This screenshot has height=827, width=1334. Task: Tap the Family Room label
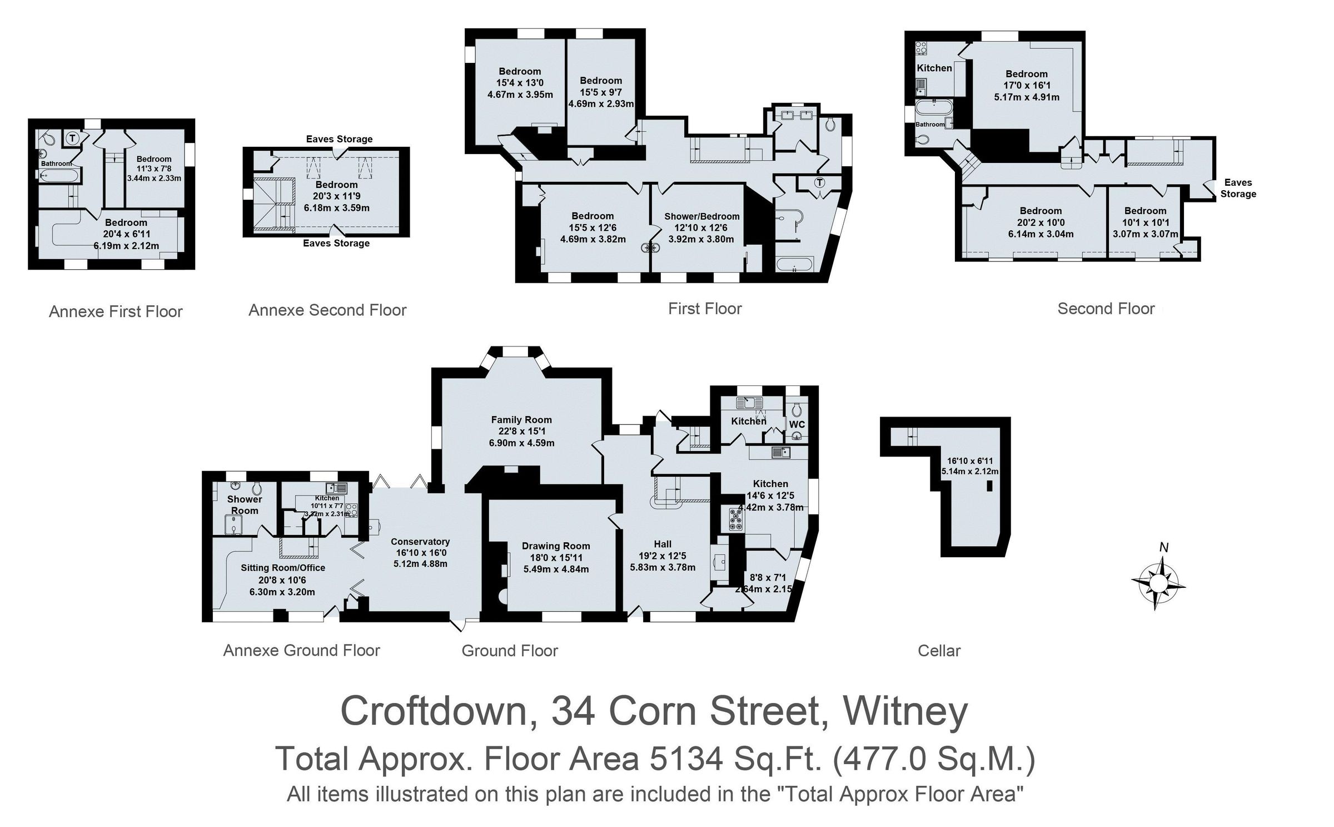[521, 420]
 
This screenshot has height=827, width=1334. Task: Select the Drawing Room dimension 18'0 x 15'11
[555, 558]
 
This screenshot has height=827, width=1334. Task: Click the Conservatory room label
[420, 542]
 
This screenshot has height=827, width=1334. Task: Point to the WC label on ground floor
[797, 424]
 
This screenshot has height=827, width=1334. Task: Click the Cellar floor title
[939, 651]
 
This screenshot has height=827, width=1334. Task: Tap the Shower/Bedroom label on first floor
[701, 216]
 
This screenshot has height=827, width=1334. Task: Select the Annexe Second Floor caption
[327, 310]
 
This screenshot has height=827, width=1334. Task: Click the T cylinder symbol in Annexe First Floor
[73, 137]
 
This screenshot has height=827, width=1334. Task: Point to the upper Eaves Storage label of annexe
[339, 139]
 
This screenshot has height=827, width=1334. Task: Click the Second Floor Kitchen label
[934, 68]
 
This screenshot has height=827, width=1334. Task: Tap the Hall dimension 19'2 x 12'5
[663, 556]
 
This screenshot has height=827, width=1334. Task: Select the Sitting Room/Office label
[282, 568]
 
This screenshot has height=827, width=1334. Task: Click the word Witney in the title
[905, 712]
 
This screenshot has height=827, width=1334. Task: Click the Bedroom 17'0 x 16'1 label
[1026, 74]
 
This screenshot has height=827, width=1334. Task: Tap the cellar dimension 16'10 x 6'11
[969, 461]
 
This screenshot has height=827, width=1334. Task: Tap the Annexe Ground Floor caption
[301, 651]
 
